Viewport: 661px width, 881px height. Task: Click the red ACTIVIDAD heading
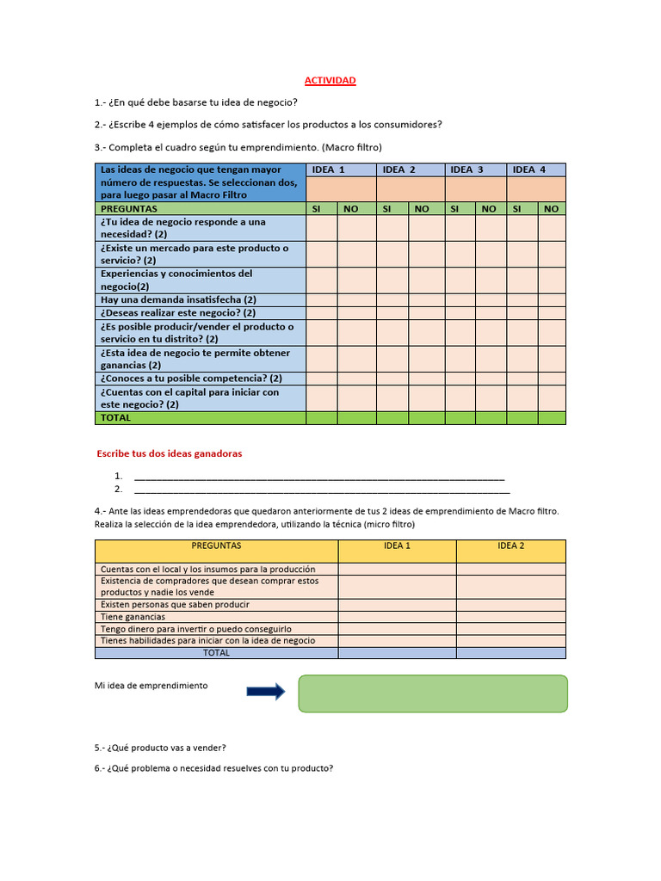(330, 80)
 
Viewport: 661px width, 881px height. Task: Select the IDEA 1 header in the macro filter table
(328, 169)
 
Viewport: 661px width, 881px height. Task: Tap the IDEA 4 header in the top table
(529, 169)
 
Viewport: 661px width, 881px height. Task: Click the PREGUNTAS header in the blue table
(129, 208)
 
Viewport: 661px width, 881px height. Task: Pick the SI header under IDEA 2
(386, 208)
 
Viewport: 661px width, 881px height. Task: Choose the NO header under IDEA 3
(488, 208)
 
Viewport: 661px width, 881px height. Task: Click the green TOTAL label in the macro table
(116, 417)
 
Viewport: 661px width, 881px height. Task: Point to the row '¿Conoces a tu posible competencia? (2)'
(191, 378)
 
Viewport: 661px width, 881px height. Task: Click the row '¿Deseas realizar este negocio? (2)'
(178, 313)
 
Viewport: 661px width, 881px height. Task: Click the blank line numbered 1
(319, 476)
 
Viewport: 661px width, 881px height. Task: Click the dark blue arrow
(265, 691)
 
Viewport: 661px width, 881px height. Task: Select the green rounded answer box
(433, 693)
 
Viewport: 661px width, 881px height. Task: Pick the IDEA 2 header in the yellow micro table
(510, 545)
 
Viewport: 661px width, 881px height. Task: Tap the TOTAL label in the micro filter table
(216, 652)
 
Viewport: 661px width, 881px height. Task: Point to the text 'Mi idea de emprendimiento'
(151, 686)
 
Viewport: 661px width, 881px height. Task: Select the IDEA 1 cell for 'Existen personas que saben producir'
(397, 604)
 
